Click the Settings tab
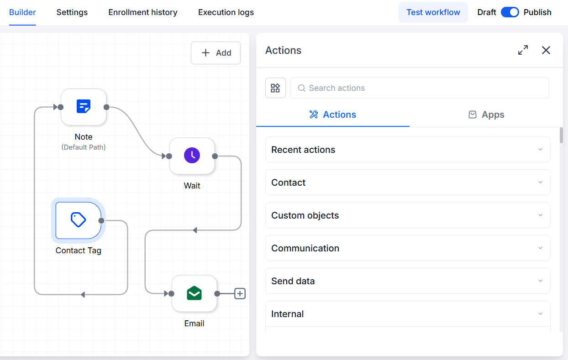(72, 12)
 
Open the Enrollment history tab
(143, 12)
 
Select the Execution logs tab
(226, 12)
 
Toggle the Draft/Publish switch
(510, 12)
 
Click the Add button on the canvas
(216, 52)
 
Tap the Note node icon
(84, 107)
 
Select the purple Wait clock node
(192, 156)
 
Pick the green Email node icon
(194, 293)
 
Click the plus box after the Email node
(240, 294)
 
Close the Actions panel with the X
(546, 50)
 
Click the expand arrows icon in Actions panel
(523, 50)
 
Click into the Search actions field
(420, 88)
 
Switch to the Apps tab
(486, 115)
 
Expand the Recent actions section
(408, 150)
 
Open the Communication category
(408, 248)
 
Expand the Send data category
(408, 281)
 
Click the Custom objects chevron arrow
(540, 215)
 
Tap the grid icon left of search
(275, 88)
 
